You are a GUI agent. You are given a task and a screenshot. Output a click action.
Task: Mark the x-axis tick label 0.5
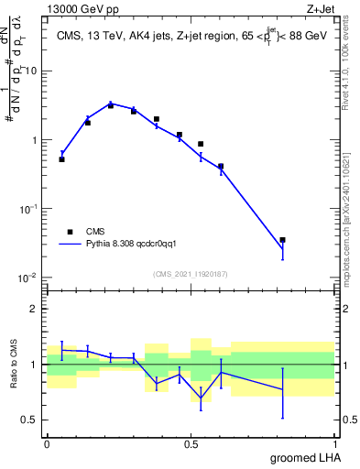coord(191,443)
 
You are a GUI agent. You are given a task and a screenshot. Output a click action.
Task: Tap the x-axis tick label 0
coord(47,443)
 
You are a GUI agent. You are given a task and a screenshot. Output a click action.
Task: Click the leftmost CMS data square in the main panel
coord(61,158)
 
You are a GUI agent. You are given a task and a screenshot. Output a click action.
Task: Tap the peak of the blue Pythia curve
coord(111,104)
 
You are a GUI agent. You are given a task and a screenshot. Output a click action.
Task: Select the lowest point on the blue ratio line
coord(201,398)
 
